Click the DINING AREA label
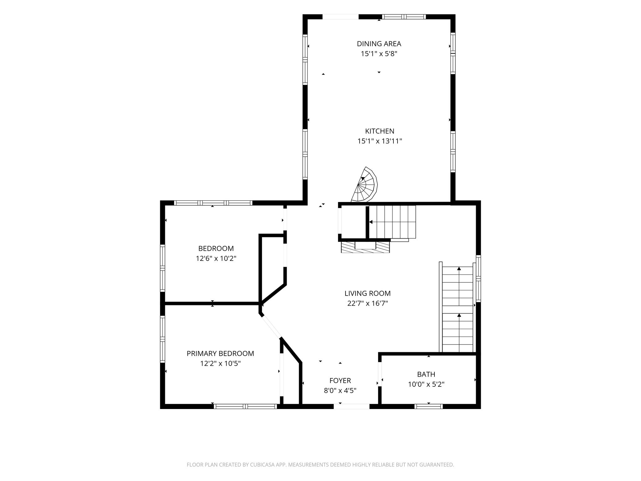pos(379,44)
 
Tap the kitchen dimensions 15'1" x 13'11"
pos(380,141)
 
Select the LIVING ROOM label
pos(367,293)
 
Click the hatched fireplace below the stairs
pos(365,246)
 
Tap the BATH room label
pos(426,374)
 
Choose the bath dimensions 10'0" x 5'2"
pos(426,384)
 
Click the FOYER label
pos(340,380)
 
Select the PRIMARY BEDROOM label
pos(220,354)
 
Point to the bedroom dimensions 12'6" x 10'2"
pos(216,259)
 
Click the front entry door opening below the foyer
pos(351,406)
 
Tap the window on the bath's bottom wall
pos(428,406)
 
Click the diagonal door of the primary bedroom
pos(271,327)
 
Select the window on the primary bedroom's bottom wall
pos(245,406)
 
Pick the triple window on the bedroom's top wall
pos(213,203)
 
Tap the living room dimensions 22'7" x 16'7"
pos(368,303)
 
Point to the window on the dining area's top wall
pos(404,17)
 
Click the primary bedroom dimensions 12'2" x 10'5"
pos(220,364)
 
